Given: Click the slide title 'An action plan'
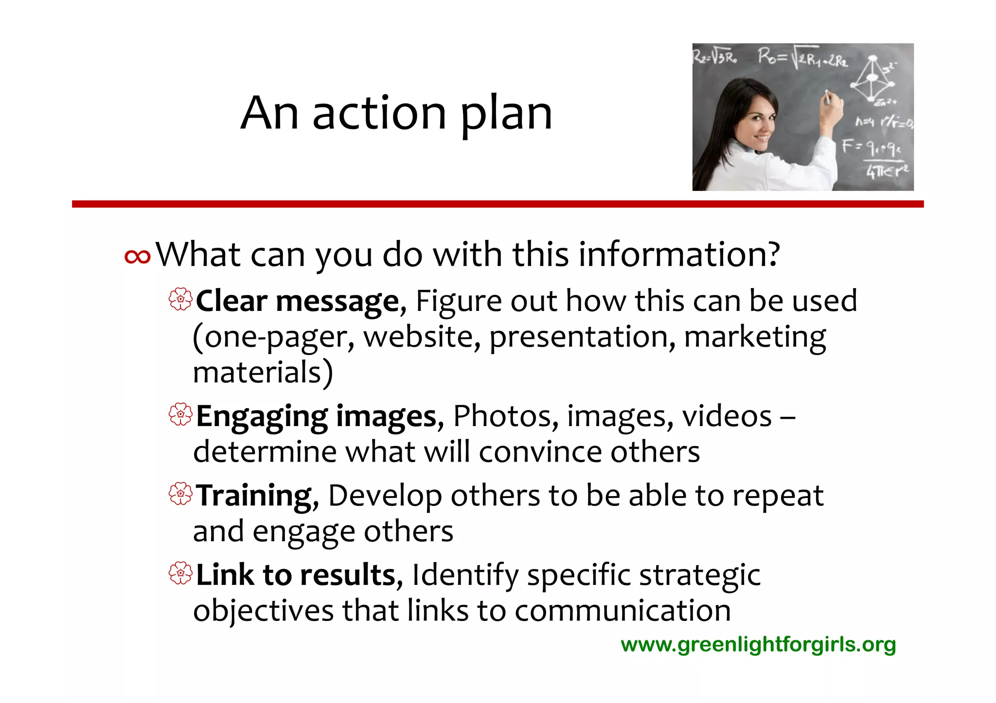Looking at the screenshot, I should point(396,113).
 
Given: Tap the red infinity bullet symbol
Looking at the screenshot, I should point(138,257).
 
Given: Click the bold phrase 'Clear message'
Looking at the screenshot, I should point(298,301).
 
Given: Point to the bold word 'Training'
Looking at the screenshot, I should point(254,496).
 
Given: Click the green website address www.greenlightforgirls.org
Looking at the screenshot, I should point(758,645).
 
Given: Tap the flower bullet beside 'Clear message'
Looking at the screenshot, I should point(180,300).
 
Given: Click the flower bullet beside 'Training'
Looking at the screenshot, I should point(180,494).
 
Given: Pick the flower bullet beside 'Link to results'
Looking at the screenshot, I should point(180,573).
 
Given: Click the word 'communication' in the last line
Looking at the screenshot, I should point(622,611).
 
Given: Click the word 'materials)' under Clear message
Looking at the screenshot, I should point(263,373).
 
